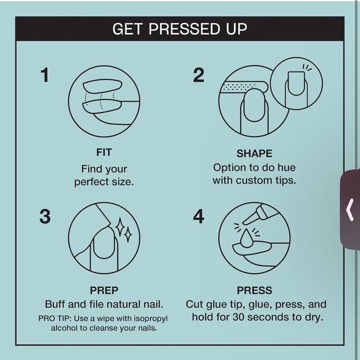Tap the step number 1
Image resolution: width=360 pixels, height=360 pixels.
45,75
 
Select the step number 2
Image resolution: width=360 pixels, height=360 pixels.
199,75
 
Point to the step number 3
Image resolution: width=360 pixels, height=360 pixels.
45,216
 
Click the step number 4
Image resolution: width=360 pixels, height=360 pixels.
199,216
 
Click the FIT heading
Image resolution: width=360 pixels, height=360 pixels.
104,153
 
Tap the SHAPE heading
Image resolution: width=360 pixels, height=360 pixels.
254,153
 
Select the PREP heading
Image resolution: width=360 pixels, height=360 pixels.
104,290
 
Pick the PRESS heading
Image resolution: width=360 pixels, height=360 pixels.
254,290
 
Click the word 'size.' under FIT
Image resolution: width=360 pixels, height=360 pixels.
123,182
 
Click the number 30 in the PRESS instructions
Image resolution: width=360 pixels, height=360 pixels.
239,317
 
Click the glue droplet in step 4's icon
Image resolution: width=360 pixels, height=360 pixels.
246,238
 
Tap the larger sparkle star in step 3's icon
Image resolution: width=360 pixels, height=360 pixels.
120,227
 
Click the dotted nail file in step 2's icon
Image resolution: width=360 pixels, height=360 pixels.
243,88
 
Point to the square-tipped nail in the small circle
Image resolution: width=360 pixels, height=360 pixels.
296,84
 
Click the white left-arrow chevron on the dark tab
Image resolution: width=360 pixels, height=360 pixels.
349,210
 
